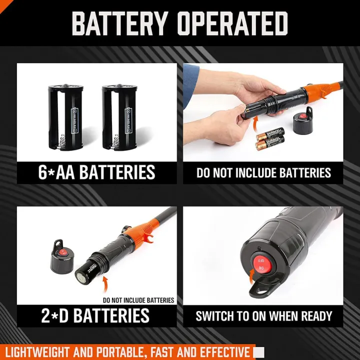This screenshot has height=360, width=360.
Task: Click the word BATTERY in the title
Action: [119, 23]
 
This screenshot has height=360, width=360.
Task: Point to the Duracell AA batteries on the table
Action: [270, 140]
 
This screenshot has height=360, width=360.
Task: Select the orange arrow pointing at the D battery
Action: [106, 285]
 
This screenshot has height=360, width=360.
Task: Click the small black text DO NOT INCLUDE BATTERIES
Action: [138, 300]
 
